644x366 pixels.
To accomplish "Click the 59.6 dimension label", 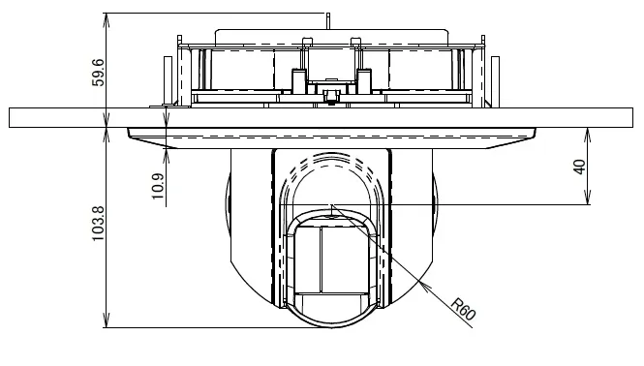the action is tap(99, 73).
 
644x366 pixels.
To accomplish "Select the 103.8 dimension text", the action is tap(99, 224).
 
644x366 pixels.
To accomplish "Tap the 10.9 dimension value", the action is tap(158, 186).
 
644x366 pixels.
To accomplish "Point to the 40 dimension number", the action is tap(579, 167).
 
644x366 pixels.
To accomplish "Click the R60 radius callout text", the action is tap(463, 309).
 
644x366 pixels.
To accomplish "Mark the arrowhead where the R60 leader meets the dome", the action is tap(422, 285).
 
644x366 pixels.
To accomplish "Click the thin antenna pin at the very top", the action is tap(328, 21).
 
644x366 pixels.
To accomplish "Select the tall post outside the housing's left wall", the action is tap(168, 80).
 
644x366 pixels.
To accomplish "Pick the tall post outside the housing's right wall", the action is tap(495, 81).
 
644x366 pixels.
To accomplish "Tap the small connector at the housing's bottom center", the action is tap(330, 97).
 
